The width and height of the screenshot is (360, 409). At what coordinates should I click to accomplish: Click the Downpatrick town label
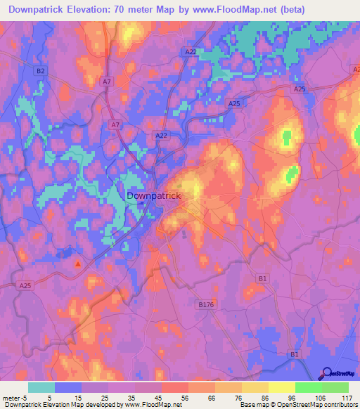(x=154, y=197)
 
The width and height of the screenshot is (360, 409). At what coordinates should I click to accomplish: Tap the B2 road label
(x=40, y=71)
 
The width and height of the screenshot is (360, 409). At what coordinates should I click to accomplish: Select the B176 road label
(x=205, y=304)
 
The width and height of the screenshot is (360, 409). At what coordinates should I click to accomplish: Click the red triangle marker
(x=78, y=264)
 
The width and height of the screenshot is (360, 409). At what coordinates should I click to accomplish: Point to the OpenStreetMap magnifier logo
(x=327, y=374)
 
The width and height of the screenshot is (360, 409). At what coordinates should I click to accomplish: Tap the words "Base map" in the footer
(x=253, y=404)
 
